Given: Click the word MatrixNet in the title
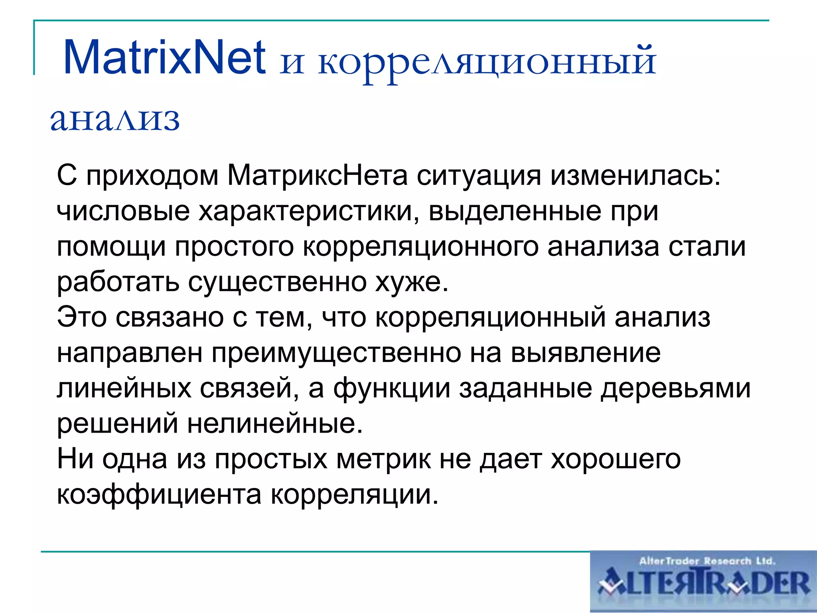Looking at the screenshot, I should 164,57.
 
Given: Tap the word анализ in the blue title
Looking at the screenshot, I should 115,119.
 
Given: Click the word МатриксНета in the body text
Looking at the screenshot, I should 318,176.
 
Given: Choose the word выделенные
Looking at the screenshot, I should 515,212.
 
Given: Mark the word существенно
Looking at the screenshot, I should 277,282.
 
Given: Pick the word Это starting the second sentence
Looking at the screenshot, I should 82,317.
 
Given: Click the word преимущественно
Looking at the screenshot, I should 336,353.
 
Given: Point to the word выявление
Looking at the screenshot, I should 585,353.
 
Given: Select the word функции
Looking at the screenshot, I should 391,388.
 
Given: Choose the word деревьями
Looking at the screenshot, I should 675,388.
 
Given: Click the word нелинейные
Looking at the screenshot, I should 275,423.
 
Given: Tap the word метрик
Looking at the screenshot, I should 383,459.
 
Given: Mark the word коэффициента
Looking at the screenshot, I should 159,494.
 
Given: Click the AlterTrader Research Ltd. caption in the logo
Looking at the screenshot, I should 707,561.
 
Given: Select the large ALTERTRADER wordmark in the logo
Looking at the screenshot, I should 704,584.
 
